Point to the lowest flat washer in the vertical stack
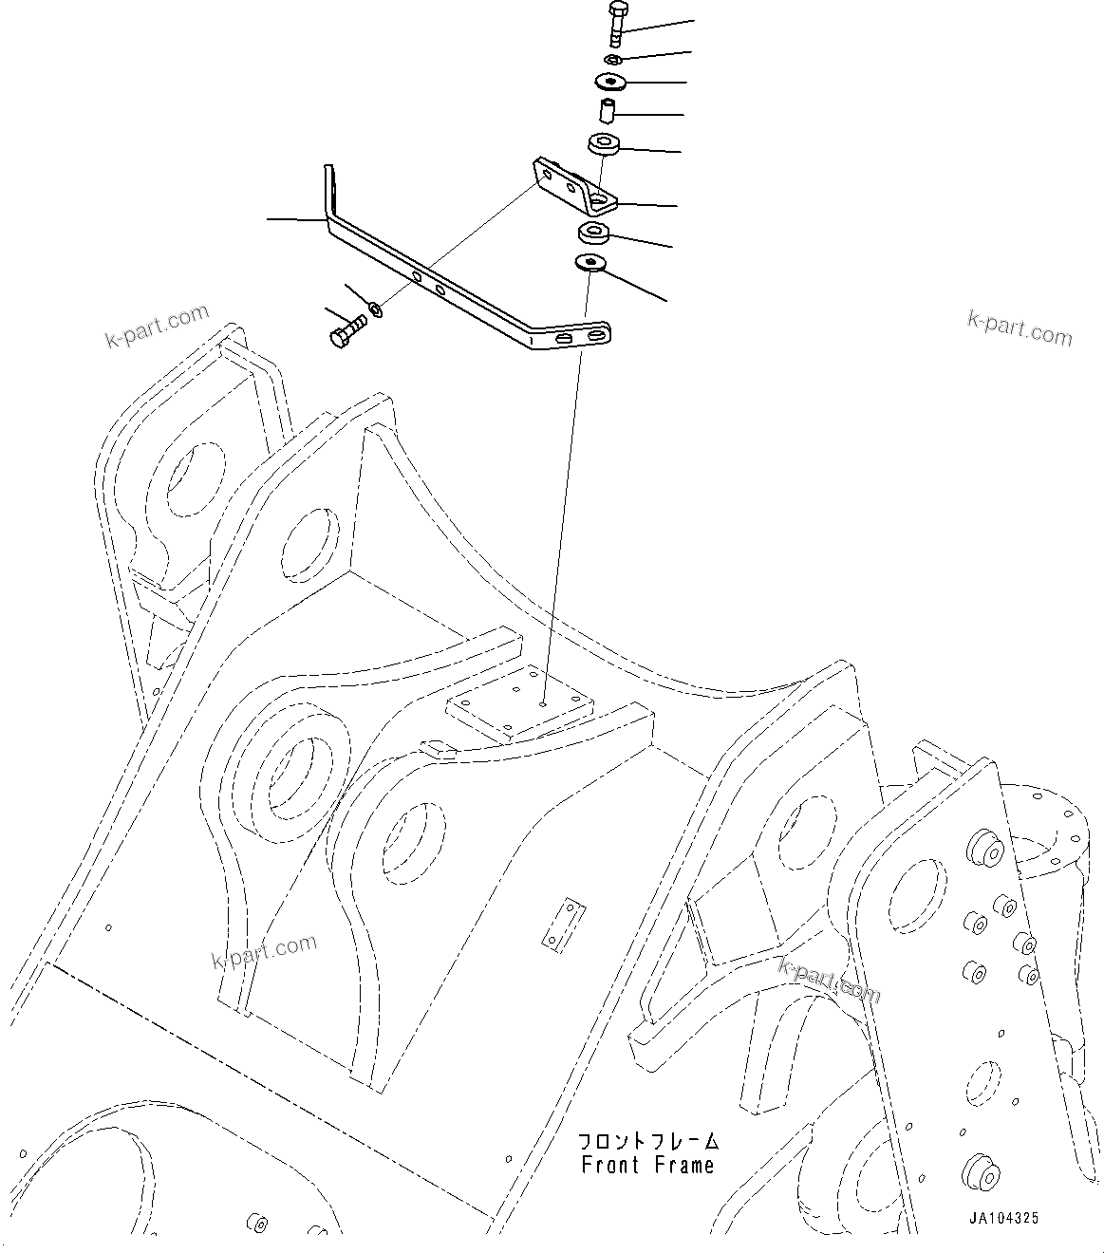pos(590,262)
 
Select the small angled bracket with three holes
pos(574,187)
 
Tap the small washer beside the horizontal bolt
pos(377,309)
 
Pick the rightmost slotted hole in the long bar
pos(596,335)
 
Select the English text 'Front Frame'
pos(647,1164)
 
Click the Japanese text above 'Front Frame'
pos(649,1140)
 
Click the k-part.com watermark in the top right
pos(1020,328)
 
